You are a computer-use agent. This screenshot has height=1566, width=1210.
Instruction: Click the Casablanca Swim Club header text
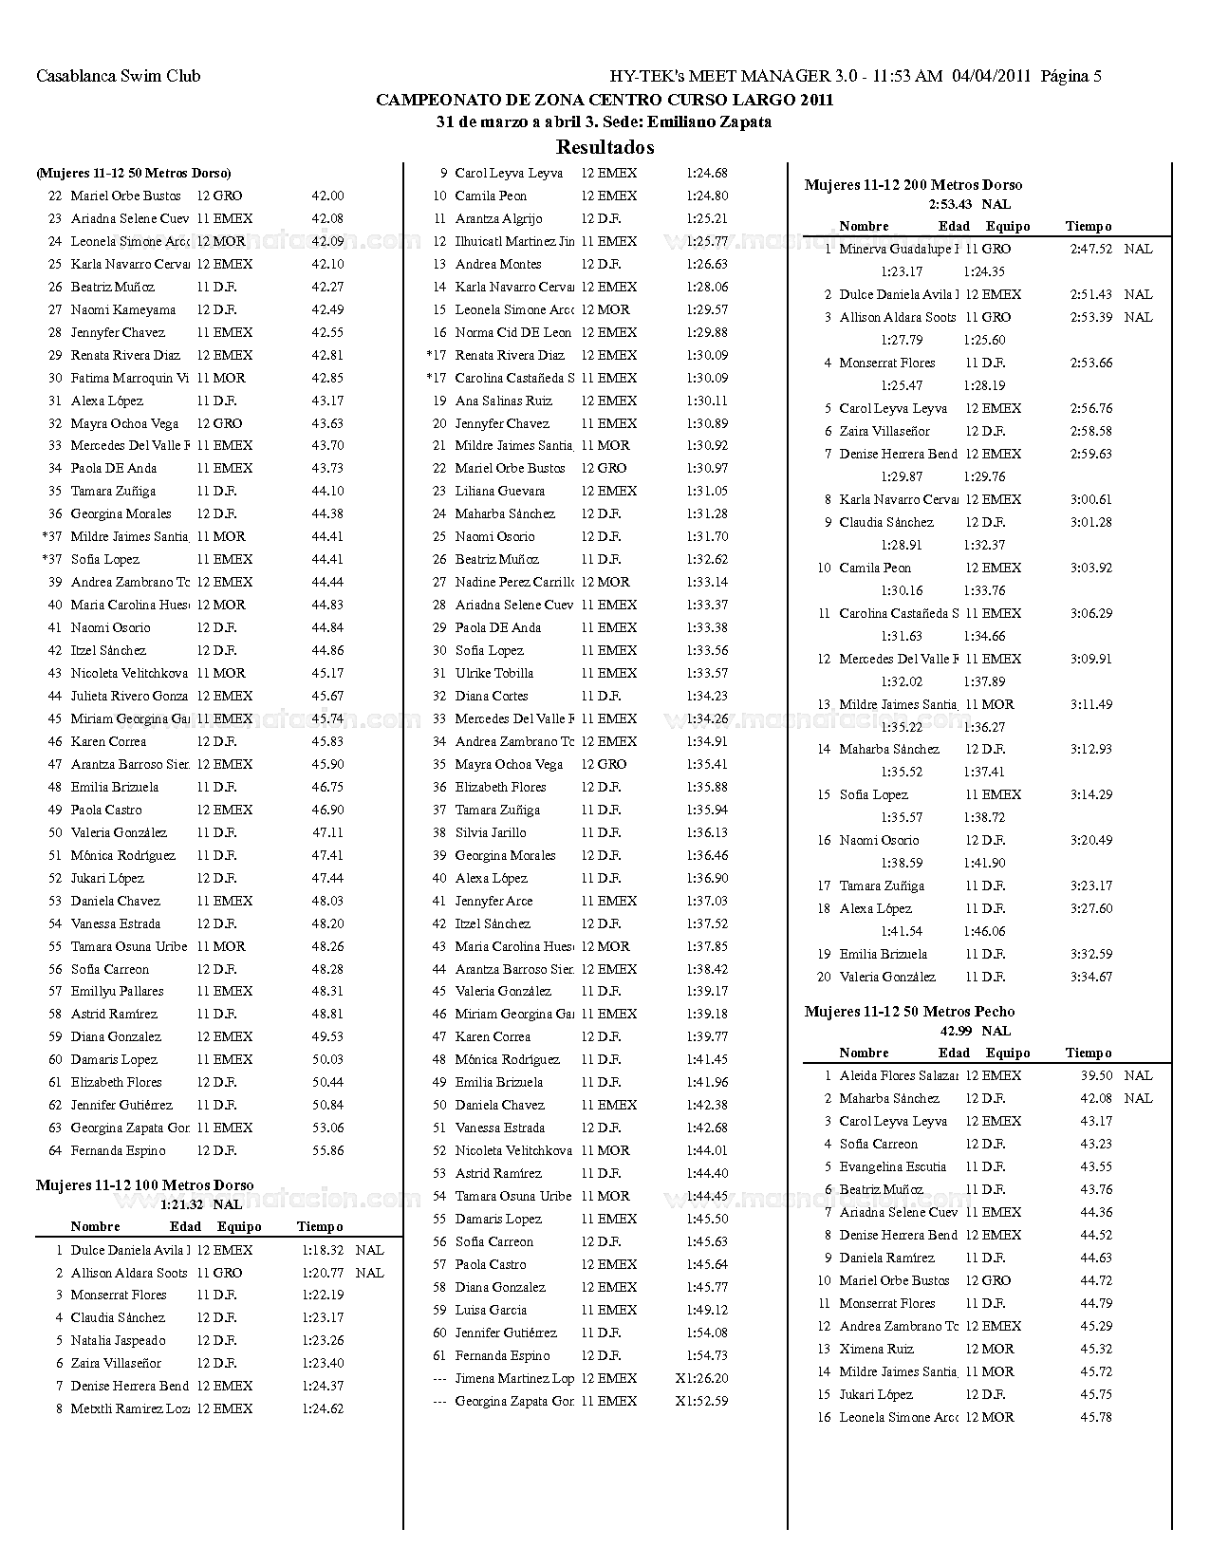click(x=118, y=76)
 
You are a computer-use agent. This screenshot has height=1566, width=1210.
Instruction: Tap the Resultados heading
click(x=605, y=147)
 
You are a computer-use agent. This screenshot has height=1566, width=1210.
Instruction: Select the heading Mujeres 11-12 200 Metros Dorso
click(x=913, y=185)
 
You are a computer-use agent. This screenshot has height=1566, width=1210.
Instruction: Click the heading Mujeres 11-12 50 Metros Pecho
click(x=909, y=1012)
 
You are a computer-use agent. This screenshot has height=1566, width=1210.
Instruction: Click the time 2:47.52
click(x=1090, y=249)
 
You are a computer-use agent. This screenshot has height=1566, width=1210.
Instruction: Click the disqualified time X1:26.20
click(x=701, y=1378)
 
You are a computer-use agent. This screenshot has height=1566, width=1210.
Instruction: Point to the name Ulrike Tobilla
click(x=493, y=673)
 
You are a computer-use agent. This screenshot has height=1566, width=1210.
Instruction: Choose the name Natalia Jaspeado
click(x=118, y=1340)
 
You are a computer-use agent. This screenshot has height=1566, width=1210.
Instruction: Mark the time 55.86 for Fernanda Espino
click(x=327, y=1150)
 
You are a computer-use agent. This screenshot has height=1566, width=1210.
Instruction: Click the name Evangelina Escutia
click(x=892, y=1166)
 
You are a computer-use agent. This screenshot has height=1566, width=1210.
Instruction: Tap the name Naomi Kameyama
click(x=122, y=309)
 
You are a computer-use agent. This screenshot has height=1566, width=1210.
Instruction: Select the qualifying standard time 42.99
click(x=956, y=1031)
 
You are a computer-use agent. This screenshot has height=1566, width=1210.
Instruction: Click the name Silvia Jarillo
click(x=490, y=832)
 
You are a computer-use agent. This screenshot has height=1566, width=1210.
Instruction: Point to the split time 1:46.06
click(x=983, y=931)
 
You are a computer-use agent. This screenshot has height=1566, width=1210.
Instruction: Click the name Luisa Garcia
click(x=491, y=1310)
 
